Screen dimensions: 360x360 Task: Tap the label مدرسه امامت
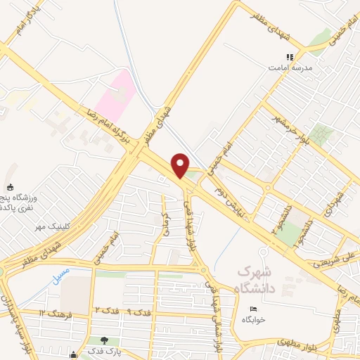pos(288,69)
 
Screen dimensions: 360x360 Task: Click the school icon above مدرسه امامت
pos(288,58)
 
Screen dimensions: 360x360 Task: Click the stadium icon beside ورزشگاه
pos(10,187)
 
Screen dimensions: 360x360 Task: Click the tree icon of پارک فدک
pos(105,340)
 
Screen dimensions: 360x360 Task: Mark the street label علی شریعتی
pos(347,261)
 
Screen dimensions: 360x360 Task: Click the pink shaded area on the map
pos(117,95)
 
